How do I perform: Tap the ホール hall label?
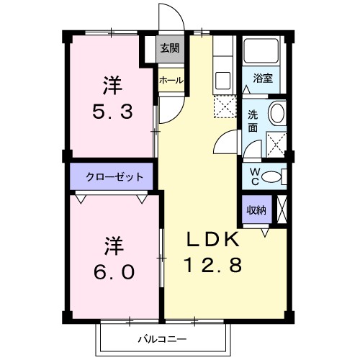(170, 80)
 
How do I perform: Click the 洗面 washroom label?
(253, 120)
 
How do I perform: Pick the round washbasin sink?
(276, 114)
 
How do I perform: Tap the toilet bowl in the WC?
(271, 177)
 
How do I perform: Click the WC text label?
(254, 176)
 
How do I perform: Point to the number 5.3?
(112, 113)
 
